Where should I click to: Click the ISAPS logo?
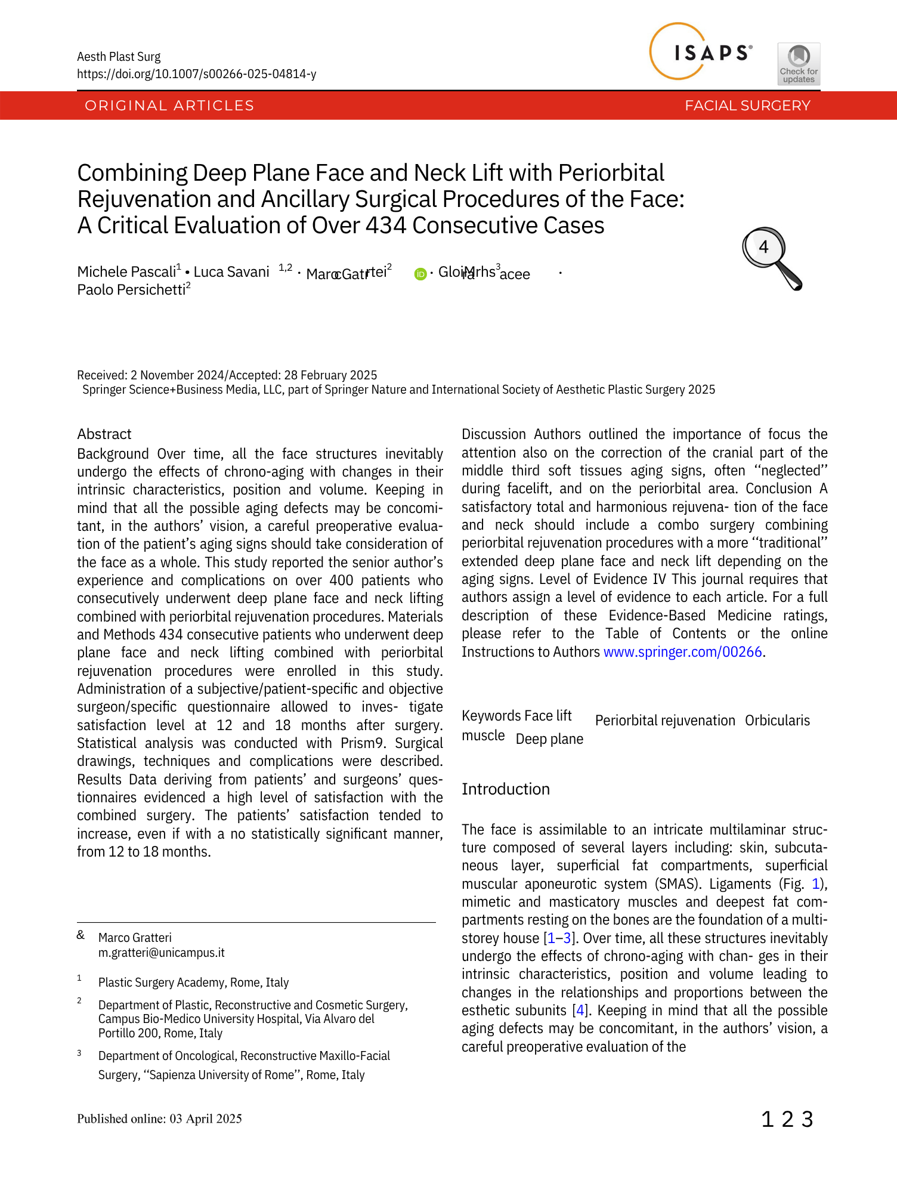[x=701, y=52]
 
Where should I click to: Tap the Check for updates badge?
[x=799, y=64]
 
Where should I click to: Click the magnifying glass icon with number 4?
[x=771, y=258]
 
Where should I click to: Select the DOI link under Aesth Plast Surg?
[x=196, y=74]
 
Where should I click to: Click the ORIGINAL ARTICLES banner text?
[x=169, y=106]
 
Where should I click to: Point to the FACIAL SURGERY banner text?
[x=747, y=106]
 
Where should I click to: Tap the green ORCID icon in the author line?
[x=420, y=274]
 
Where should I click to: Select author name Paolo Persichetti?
[x=131, y=290]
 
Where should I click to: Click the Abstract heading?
[x=104, y=434]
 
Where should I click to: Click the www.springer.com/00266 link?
[x=682, y=652]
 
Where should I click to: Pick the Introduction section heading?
[x=505, y=789]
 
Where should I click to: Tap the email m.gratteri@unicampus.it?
[x=161, y=953]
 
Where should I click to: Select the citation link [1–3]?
[x=558, y=938]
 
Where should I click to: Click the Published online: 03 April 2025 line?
[x=159, y=1118]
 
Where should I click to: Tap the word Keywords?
[x=491, y=716]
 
